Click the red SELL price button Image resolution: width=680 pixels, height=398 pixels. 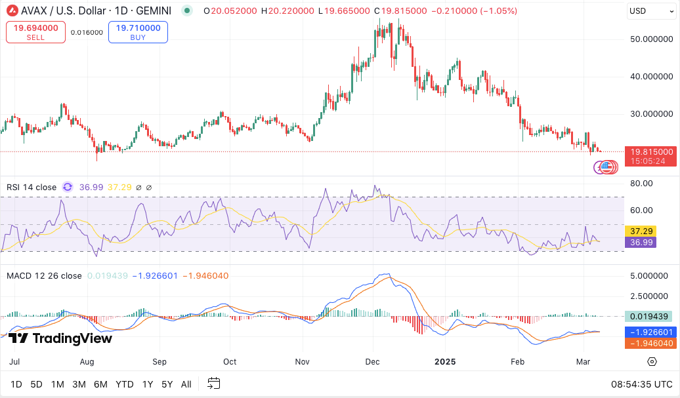click(35, 32)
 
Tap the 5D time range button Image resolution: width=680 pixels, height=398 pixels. click(37, 384)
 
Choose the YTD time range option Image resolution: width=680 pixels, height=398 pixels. click(125, 384)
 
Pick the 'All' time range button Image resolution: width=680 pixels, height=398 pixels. click(186, 384)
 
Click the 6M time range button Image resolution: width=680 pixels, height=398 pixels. click(100, 384)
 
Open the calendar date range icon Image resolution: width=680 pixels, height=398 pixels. click(213, 384)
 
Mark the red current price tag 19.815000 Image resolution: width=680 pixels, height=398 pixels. click(650, 151)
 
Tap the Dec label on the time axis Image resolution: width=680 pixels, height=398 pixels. click(373, 361)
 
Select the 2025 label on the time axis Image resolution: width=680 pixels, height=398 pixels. click(445, 361)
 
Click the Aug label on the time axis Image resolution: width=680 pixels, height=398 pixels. click(87, 361)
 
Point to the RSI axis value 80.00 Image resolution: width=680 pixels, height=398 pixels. click(641, 184)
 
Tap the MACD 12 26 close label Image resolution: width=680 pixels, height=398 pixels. click(45, 276)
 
